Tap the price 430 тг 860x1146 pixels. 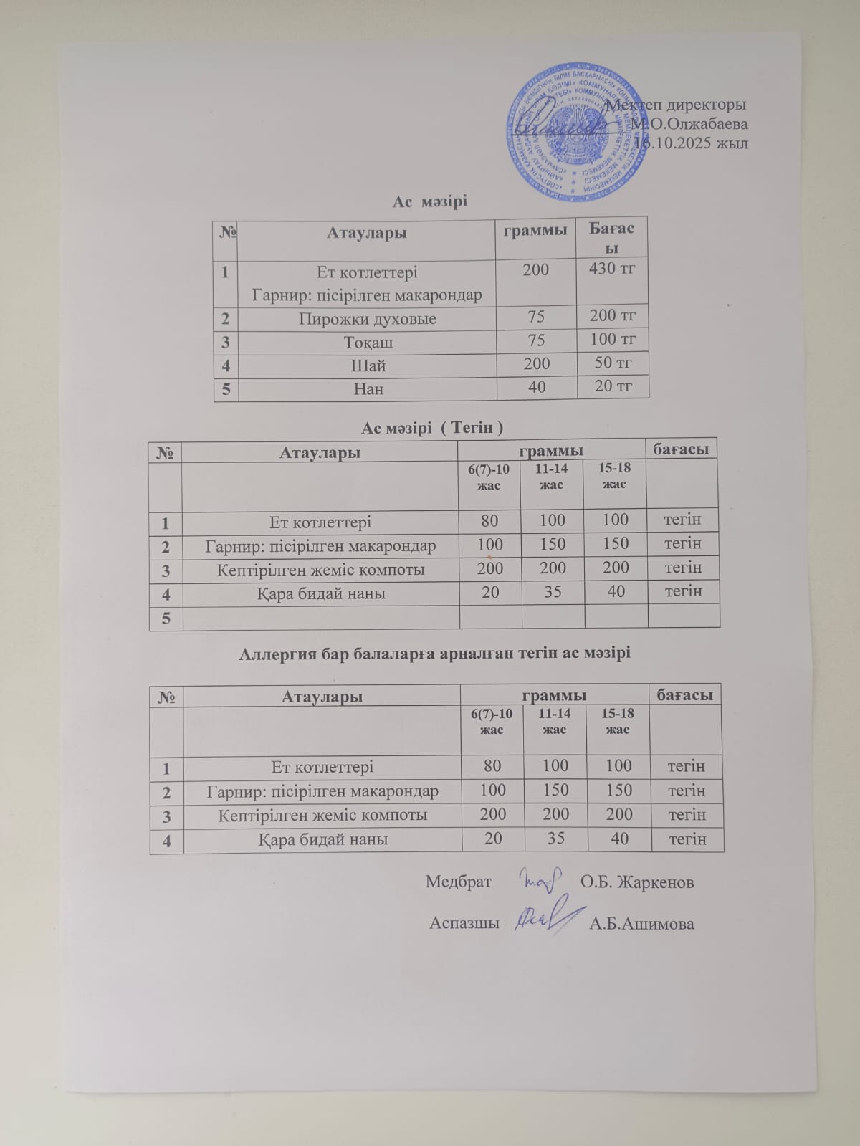(612, 269)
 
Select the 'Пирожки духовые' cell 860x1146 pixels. (367, 319)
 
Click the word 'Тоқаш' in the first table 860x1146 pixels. (368, 343)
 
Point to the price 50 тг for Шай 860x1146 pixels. (613, 363)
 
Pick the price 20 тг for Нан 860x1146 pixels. (613, 386)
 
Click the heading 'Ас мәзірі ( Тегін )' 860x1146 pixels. (431, 428)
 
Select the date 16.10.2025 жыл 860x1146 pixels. (692, 143)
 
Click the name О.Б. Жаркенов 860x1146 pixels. (636, 882)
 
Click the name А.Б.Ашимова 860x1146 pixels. (641, 924)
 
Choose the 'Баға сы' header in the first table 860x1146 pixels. (611, 238)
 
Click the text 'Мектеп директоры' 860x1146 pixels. (677, 105)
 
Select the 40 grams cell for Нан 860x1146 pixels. (537, 387)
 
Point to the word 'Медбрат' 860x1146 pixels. (459, 882)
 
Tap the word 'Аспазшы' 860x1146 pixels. (464, 923)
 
